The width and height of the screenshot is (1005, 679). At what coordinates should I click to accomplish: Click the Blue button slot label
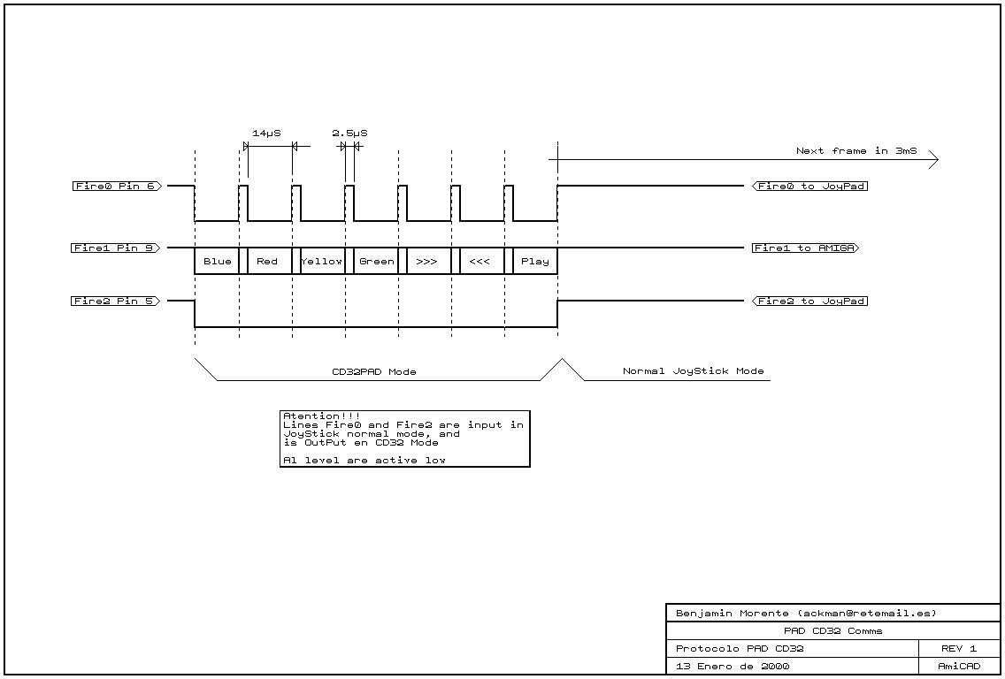(217, 262)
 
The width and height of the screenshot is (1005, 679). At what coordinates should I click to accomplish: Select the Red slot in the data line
(267, 262)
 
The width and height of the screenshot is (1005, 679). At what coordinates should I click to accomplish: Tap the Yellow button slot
(321, 262)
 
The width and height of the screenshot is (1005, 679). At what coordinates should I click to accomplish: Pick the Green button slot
(376, 262)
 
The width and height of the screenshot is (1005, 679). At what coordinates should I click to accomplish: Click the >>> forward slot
(426, 262)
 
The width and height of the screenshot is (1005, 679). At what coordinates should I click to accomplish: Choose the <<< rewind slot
(479, 262)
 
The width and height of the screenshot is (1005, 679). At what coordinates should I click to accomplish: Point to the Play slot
(534, 262)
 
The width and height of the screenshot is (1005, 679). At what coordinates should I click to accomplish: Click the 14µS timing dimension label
(266, 133)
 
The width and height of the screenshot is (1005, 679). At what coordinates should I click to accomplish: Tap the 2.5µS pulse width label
(349, 133)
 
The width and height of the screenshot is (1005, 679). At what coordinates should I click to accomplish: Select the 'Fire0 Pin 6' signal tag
(117, 187)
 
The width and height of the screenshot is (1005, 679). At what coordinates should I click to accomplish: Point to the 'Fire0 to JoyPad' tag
(809, 187)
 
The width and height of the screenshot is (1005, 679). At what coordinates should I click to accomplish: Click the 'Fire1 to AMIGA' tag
(804, 248)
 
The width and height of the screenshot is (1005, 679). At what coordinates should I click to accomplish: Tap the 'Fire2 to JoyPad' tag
(809, 301)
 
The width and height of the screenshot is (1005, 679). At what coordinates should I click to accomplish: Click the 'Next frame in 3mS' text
(855, 151)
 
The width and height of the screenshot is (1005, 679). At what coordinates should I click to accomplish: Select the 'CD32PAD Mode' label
(373, 372)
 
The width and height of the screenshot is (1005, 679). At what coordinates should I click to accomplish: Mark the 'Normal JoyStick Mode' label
(693, 371)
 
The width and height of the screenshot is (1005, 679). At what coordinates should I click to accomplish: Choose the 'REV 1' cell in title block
(959, 649)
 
